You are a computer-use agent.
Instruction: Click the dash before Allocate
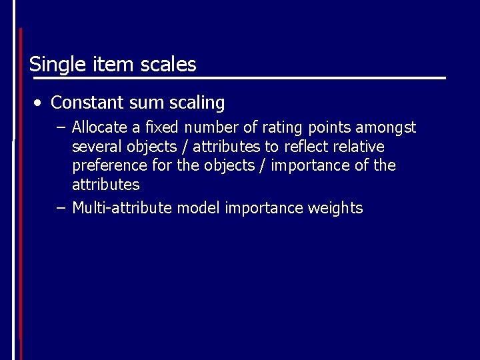click(x=62, y=127)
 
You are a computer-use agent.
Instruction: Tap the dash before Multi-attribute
click(x=62, y=208)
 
